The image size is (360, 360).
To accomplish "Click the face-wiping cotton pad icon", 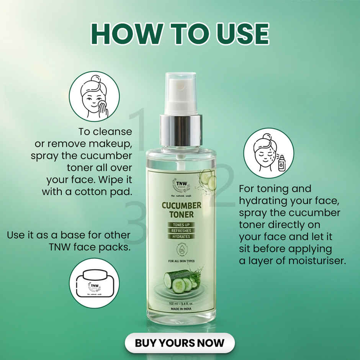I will pos(94,96).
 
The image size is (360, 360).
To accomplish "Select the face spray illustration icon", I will pos(269,153).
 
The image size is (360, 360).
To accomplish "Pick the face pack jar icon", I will pos(94,283).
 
